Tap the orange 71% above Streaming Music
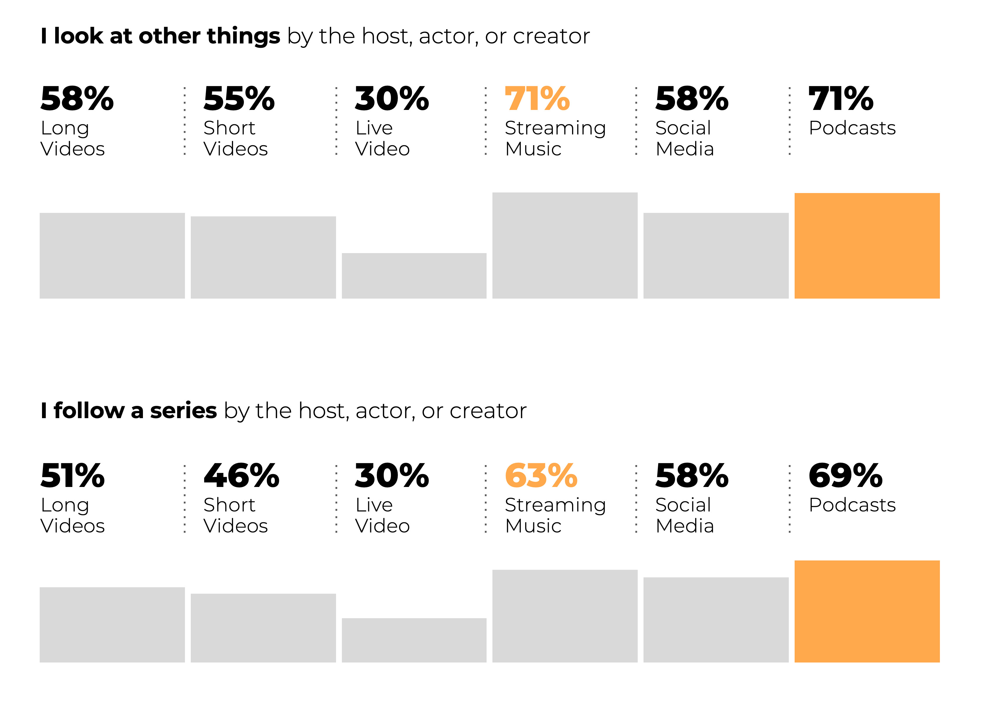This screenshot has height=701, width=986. pos(537,99)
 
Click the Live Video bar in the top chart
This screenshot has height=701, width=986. pos(414,276)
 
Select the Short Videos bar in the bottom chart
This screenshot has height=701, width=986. pos(263,628)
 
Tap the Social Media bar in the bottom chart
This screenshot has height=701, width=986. pos(716,620)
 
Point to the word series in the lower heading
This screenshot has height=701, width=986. pos(183,411)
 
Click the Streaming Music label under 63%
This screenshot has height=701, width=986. pos(555,515)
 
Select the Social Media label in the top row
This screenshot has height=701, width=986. pos(684,139)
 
